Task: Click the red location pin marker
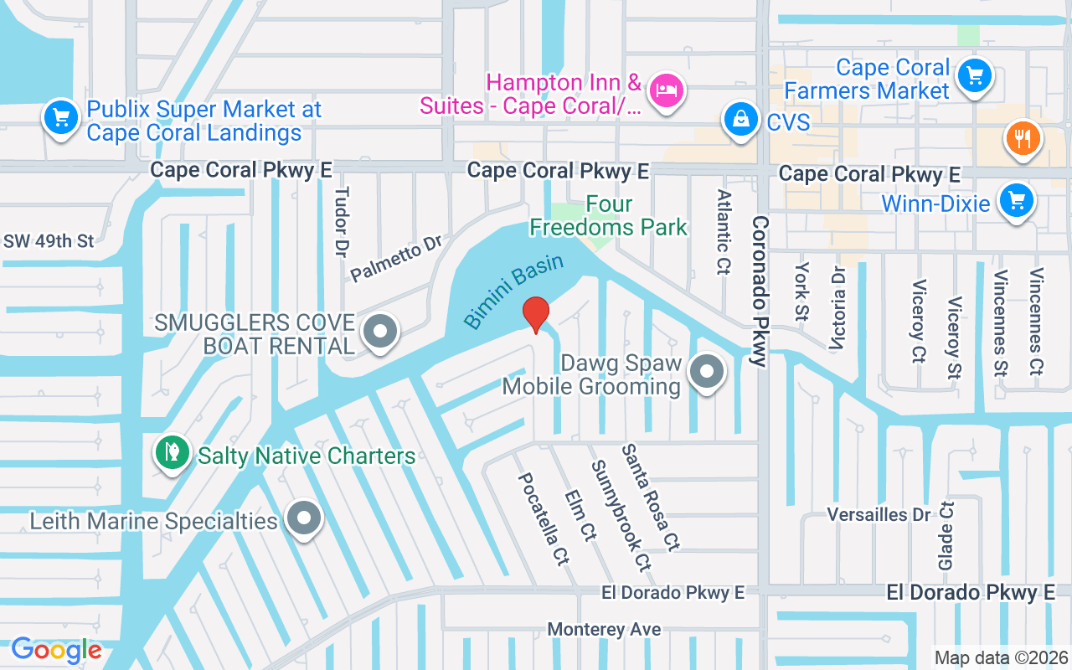point(536,313)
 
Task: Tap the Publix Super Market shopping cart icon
point(61,117)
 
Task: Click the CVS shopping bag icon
point(742,119)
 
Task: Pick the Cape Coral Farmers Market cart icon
point(974,75)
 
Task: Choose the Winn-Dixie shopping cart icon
point(1017,201)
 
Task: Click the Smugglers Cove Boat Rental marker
point(380,331)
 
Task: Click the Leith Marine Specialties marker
point(303,518)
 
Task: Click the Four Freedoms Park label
point(608,215)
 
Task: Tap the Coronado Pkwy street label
point(760,291)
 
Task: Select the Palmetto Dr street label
point(395,259)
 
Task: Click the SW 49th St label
point(49,241)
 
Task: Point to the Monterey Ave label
point(604,629)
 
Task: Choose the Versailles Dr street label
point(879,514)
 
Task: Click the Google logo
point(56,650)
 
